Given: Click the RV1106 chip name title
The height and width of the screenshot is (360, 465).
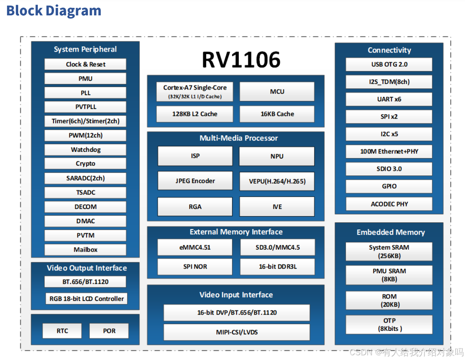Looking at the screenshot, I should click(x=241, y=60).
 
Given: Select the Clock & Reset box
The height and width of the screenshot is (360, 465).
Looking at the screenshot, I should click(x=86, y=64).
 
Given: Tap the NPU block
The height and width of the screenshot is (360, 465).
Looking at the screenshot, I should click(x=277, y=157).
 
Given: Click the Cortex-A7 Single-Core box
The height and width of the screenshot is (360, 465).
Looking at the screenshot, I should click(x=195, y=91).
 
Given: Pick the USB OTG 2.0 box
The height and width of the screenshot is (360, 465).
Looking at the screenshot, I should click(x=389, y=64).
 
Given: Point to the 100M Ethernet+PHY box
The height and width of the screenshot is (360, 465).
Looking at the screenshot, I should click(x=389, y=151).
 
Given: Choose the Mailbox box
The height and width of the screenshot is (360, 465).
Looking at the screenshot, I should click(x=86, y=250).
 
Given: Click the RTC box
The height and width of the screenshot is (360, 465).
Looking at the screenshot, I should click(x=62, y=331).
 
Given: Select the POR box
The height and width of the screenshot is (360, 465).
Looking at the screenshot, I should click(x=109, y=331).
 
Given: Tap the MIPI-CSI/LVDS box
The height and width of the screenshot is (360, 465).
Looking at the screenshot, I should click(x=236, y=332).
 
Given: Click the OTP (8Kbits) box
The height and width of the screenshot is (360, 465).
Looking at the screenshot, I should click(x=389, y=325).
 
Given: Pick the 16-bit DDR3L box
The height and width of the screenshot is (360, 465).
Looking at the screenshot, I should click(x=277, y=267).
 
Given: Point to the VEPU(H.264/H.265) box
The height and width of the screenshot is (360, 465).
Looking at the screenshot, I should click(x=277, y=181).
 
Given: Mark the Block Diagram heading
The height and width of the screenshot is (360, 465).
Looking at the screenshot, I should click(x=54, y=11).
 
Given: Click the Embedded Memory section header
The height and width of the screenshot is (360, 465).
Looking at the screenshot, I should click(x=391, y=232).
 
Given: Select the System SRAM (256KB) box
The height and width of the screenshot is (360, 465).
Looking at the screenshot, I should click(x=389, y=252).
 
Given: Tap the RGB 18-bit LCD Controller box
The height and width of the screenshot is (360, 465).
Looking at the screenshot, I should click(x=87, y=298).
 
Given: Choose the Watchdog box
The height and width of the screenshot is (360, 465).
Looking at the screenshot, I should click(x=86, y=150).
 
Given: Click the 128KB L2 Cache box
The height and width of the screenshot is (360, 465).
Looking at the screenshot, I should click(x=195, y=114).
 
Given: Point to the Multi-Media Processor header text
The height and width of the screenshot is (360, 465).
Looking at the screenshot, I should click(x=238, y=138).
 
